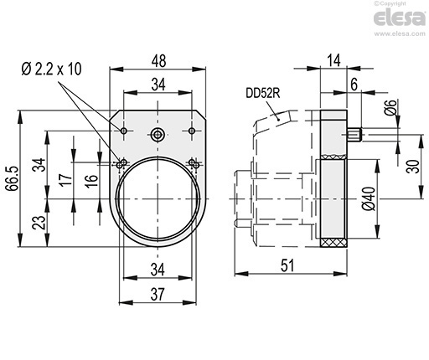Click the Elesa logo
click(400, 18)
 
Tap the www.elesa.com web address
click(400, 33)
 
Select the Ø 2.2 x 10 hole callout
click(51, 69)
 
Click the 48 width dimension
click(159, 61)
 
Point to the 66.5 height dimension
click(13, 178)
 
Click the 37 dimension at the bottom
click(158, 294)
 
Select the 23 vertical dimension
click(39, 223)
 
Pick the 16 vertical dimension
click(92, 181)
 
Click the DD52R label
click(263, 93)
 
